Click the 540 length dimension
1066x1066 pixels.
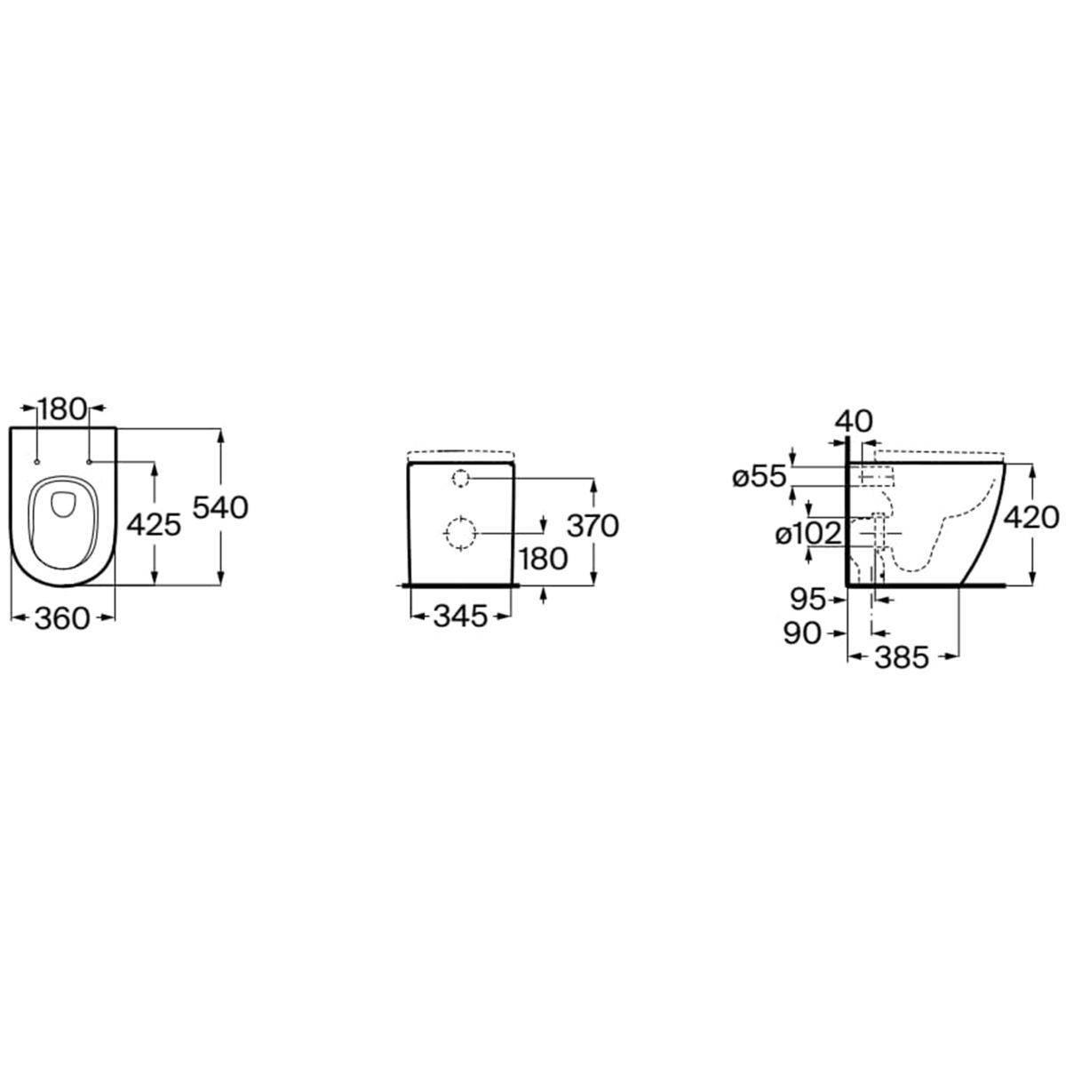220,508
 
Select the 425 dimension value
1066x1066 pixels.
154,524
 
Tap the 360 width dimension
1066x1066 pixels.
61,618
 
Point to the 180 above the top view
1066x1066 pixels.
61,409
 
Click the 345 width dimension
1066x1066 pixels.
461,617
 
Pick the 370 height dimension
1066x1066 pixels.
593,526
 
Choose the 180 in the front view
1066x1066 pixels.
544,559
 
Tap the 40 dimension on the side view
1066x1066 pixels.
854,422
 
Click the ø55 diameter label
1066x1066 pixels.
759,477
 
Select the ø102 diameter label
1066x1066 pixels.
808,535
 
